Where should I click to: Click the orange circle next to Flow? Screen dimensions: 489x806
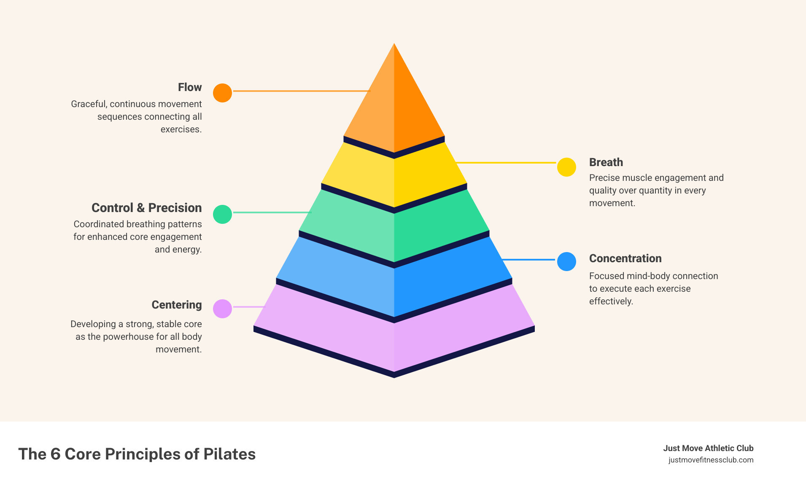tap(222, 93)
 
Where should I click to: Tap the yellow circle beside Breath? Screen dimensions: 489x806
tap(566, 167)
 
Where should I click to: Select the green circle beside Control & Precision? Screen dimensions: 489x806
tap(222, 214)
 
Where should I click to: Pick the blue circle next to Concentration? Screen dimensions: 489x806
tap(566, 261)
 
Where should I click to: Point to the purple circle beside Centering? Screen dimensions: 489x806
tap(222, 309)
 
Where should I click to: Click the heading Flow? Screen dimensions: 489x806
tap(190, 87)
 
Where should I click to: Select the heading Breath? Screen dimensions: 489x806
tap(606, 162)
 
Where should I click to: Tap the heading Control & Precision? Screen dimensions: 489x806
tap(146, 208)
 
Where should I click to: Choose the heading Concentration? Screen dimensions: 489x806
tap(625, 258)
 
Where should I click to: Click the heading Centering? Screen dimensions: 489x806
tap(176, 305)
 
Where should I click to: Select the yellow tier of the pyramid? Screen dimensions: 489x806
tap(394, 177)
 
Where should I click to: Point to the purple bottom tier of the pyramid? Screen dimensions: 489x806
tap(394, 337)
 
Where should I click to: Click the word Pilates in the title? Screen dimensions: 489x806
tap(229, 454)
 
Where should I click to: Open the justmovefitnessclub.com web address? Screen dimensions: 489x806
tap(711, 460)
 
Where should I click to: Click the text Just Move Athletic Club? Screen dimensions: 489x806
tap(708, 448)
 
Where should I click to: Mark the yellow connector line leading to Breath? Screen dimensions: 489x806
tap(506, 162)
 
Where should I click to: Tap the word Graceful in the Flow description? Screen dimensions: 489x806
tap(89, 104)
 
